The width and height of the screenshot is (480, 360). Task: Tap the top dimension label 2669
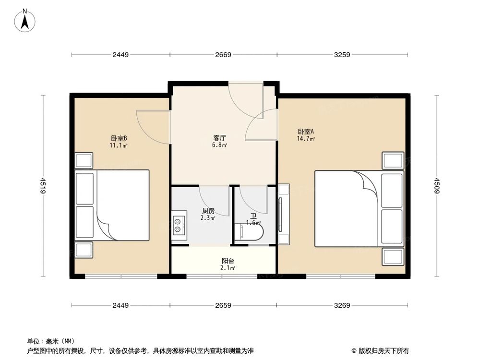(223, 55)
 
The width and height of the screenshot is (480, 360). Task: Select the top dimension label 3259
(342, 55)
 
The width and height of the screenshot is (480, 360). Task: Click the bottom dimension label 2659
(223, 305)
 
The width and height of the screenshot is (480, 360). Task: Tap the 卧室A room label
(306, 132)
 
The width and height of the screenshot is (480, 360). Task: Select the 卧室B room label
(118, 138)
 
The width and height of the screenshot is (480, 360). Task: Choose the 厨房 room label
(208, 211)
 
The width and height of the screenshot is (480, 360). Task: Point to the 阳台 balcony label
(228, 261)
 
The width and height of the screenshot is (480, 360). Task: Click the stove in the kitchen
(179, 225)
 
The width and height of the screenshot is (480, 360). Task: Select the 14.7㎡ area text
(306, 139)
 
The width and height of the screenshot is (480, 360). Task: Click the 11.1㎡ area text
(118, 145)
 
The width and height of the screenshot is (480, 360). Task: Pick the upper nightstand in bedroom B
(84, 160)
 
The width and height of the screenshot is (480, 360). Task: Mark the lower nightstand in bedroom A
(393, 256)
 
